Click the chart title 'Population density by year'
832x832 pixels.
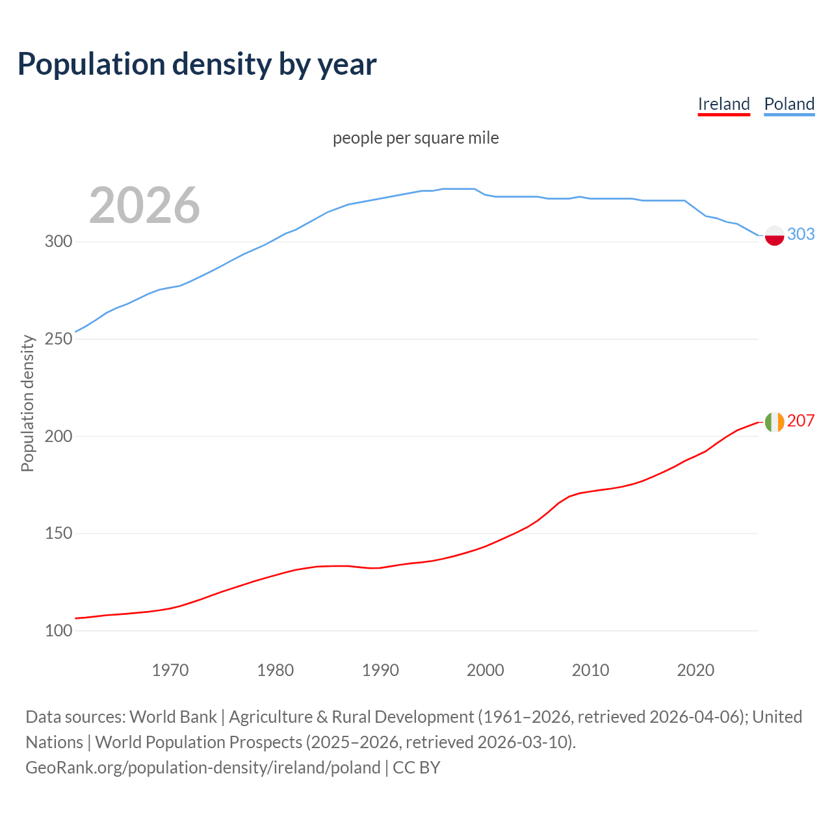pos(197,64)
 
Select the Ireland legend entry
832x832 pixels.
pos(723,104)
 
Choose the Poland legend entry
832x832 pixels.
pos(789,104)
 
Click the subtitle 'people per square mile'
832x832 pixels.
pos(415,138)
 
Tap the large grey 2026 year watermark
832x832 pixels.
pos(144,205)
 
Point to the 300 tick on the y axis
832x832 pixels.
pos(58,242)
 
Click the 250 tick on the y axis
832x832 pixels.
pos(58,339)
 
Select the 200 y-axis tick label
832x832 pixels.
pos(58,436)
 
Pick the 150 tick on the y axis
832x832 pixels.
pos(58,534)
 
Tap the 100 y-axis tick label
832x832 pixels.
pos(58,630)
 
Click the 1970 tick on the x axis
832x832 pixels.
pos(170,670)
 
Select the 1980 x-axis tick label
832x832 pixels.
pos(276,670)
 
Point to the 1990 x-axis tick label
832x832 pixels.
pos(380,670)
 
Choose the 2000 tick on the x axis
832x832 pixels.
pos(486,670)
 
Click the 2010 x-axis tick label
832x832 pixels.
pos(590,670)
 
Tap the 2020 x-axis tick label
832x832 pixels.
pos(695,670)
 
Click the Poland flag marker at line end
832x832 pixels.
pos(774,235)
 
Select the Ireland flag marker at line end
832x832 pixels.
pos(774,422)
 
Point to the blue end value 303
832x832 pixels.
pos(801,234)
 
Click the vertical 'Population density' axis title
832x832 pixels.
pos(27,403)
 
